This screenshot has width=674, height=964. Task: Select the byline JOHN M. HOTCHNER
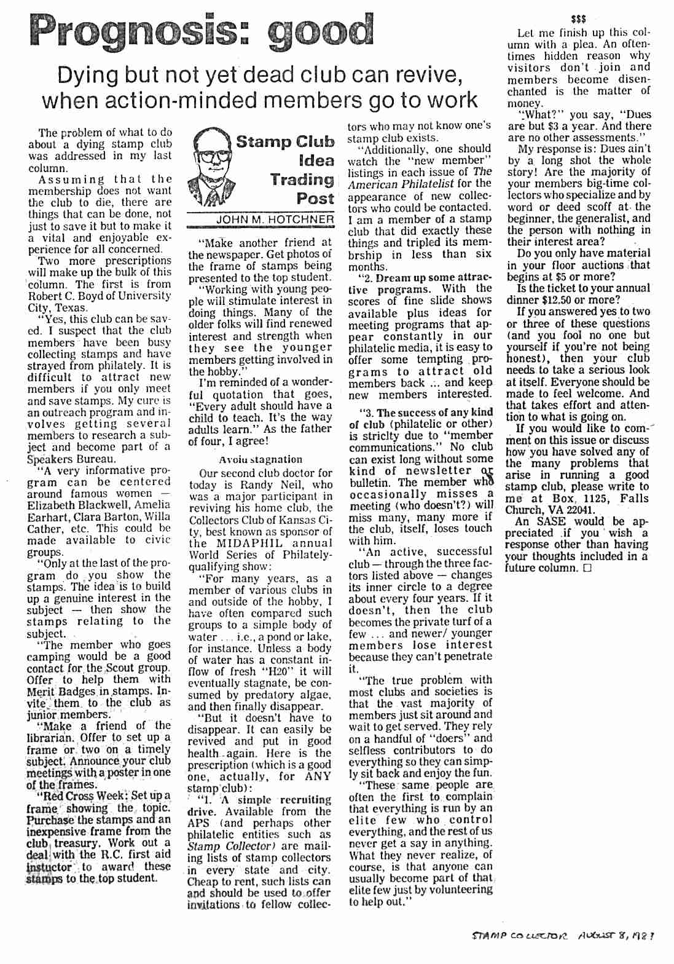[275, 220]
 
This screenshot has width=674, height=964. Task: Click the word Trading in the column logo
[302, 180]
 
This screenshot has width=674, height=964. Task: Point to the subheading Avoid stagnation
[261, 459]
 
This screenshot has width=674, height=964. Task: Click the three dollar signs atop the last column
[578, 19]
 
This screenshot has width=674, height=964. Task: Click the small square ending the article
[588, 569]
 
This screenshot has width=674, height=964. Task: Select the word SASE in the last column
[551, 521]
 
